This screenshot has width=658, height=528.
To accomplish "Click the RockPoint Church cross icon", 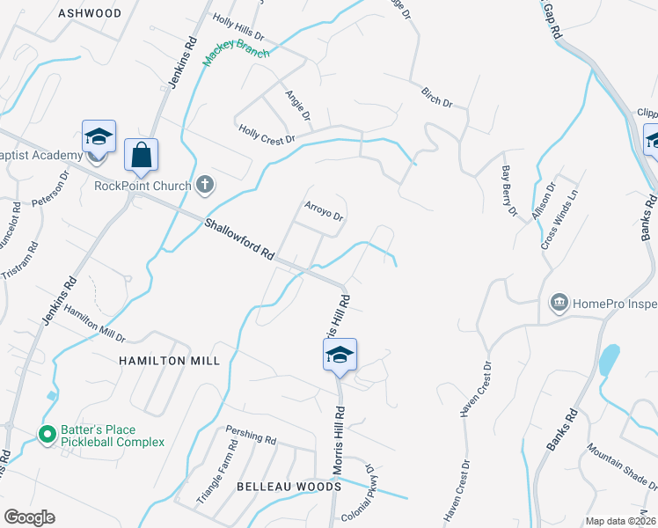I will [x=204, y=185].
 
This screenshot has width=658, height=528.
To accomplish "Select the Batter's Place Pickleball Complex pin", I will [x=48, y=434].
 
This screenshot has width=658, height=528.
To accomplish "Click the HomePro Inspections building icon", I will [x=559, y=304].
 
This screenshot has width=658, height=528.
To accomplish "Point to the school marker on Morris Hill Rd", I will [x=340, y=356].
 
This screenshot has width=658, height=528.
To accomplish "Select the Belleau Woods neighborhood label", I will [x=289, y=487].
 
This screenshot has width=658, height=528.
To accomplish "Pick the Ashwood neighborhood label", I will [x=89, y=13].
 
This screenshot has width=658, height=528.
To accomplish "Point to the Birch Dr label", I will [x=436, y=97].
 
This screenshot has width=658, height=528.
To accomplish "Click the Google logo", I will [x=29, y=517].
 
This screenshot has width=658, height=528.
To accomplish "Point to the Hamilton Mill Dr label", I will [x=94, y=325].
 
